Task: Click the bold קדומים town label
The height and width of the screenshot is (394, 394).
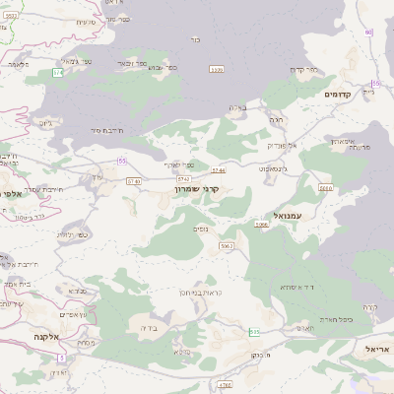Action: point(338,95)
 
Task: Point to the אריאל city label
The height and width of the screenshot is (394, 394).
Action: point(377,349)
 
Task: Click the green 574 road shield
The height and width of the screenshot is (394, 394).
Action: point(58,72)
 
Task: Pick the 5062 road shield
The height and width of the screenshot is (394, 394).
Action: point(228,244)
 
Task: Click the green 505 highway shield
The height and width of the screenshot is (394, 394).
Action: point(255,331)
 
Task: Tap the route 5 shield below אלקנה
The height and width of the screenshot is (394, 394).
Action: point(61,358)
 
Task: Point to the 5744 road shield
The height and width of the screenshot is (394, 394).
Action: point(218,170)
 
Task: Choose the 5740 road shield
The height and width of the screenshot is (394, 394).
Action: point(133,181)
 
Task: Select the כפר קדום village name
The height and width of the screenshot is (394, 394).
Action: point(304,71)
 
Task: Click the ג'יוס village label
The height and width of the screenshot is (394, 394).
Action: point(44,123)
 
